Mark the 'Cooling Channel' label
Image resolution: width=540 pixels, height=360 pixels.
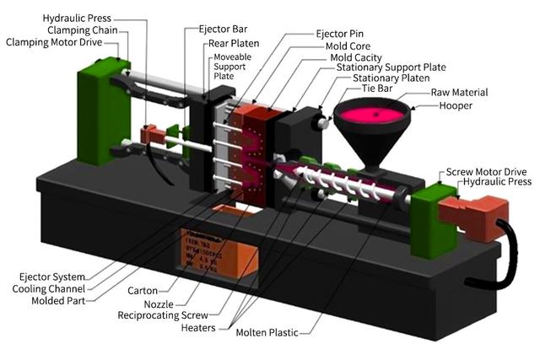pyautogui.click(x=51, y=288)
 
